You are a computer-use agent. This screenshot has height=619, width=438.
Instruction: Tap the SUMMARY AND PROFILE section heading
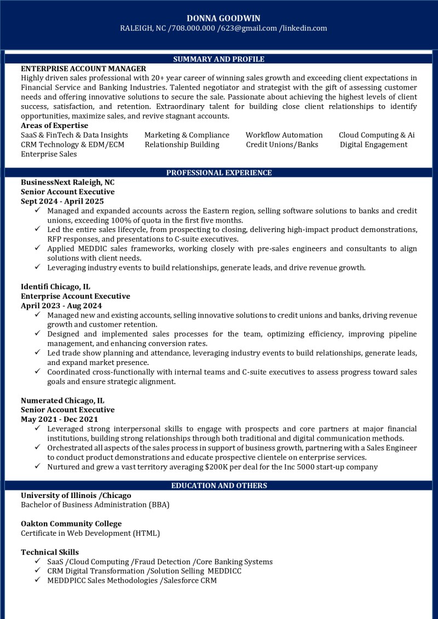pyautogui.click(x=218, y=59)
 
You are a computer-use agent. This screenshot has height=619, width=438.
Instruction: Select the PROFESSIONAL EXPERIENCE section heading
pyautogui.click(x=218, y=173)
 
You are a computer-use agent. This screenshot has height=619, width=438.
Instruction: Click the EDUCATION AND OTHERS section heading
pyautogui.click(x=219, y=485)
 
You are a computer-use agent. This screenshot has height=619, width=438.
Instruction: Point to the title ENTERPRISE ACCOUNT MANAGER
pyautogui.click(x=83, y=68)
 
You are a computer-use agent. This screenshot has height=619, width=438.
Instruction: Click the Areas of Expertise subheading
pyautogui.click(x=54, y=125)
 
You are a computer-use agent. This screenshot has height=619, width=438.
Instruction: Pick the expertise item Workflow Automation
pyautogui.click(x=284, y=135)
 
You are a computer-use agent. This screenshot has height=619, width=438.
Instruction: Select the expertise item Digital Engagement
pyautogui.click(x=373, y=144)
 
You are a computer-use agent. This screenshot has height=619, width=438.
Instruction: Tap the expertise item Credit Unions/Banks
pyautogui.click(x=282, y=144)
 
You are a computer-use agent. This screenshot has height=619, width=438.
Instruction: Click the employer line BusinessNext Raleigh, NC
pyautogui.click(x=68, y=182)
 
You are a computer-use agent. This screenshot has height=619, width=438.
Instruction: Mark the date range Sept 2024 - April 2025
pyautogui.click(x=62, y=201)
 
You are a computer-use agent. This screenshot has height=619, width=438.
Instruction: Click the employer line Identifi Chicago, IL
pyautogui.click(x=56, y=287)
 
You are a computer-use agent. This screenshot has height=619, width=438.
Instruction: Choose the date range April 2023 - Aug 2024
pyautogui.click(x=61, y=305)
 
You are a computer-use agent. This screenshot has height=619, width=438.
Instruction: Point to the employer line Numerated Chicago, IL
pyautogui.click(x=62, y=400)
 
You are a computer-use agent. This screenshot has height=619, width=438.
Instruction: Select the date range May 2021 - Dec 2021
pyautogui.click(x=59, y=419)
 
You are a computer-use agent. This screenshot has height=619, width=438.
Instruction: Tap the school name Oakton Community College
pyautogui.click(x=71, y=523)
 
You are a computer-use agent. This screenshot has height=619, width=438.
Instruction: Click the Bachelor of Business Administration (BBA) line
pyautogui.click(x=95, y=505)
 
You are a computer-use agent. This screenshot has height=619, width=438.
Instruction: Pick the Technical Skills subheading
pyautogui.click(x=50, y=552)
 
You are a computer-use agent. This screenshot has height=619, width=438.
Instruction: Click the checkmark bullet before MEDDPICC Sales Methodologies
pyautogui.click(x=37, y=580)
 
